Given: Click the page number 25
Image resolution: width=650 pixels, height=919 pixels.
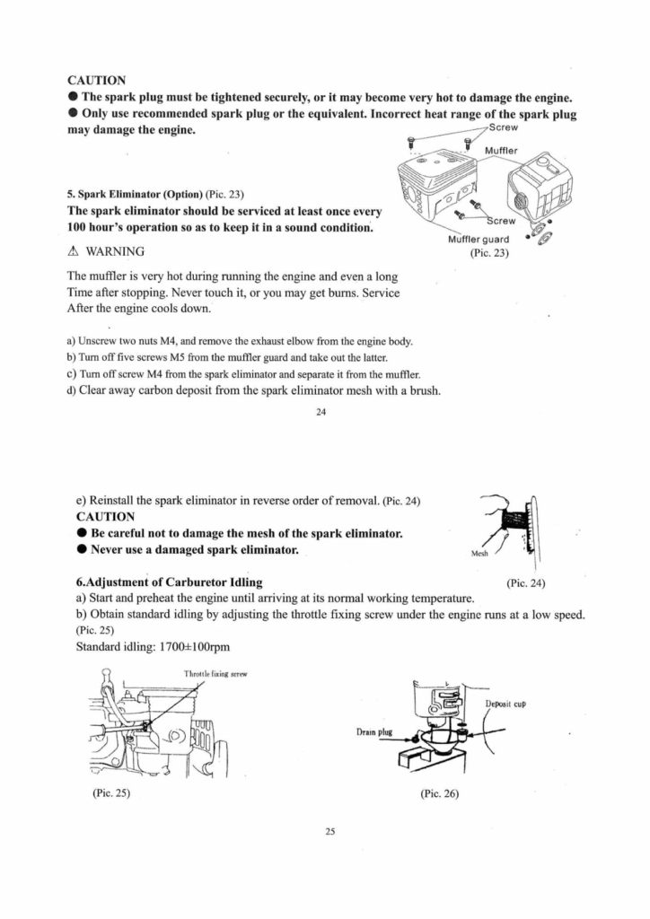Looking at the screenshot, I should click(329, 832).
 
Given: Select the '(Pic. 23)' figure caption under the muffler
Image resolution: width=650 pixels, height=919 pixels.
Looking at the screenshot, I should click(489, 253).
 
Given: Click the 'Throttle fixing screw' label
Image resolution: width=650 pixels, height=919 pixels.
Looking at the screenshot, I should click(215, 672).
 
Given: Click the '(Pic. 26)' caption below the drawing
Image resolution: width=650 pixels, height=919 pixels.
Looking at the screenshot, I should click(439, 794).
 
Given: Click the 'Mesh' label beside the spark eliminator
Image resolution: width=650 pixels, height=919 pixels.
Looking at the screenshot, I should click(479, 554).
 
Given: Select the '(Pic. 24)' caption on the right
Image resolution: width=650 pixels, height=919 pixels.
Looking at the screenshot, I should click(526, 583).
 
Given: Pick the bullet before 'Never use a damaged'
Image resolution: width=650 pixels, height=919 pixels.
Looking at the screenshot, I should click(82, 549).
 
